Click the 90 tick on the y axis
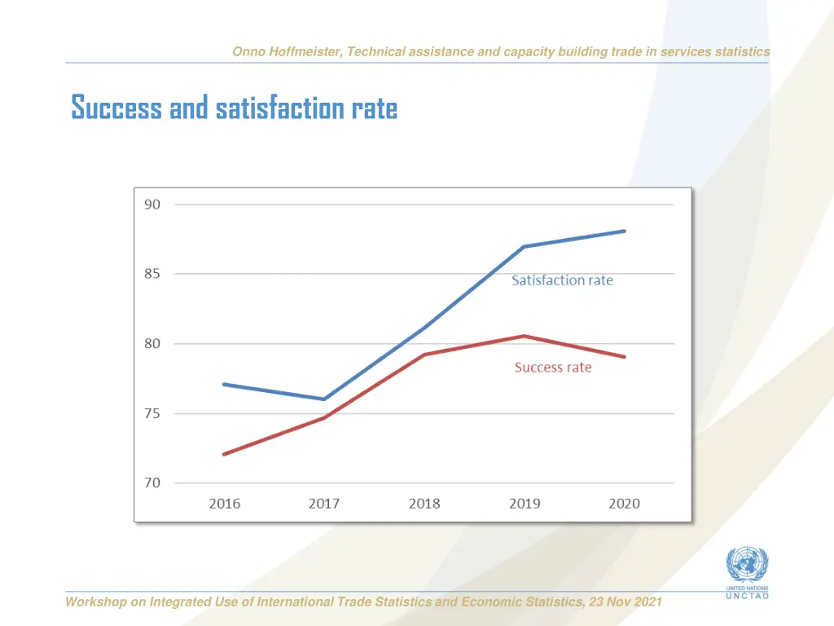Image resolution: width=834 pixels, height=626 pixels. tap(152, 205)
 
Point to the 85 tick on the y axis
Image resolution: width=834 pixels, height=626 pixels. tap(152, 274)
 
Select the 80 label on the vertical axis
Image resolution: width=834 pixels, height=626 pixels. tap(152, 344)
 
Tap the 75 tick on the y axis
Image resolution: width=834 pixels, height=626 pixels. tap(152, 413)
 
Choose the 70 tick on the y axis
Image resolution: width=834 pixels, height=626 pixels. tap(152, 483)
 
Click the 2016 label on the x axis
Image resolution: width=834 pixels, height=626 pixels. tap(225, 504)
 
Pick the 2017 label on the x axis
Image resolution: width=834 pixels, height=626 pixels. tap(324, 504)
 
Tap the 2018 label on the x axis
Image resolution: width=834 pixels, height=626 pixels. tap(424, 504)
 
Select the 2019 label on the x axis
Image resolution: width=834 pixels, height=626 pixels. tap(525, 504)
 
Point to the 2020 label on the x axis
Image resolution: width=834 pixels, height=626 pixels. tap(625, 504)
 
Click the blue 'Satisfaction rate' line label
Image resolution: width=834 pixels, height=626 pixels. tap(562, 280)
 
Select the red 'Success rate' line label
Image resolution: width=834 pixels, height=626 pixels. tap(553, 368)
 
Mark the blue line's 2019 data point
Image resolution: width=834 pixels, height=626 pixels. tap(525, 246)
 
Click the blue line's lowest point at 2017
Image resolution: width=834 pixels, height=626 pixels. tap(324, 399)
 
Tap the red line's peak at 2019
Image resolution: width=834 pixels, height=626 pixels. tap(525, 336)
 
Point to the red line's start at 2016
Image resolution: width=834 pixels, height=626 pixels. tap(224, 454)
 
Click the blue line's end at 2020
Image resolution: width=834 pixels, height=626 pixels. tap(625, 231)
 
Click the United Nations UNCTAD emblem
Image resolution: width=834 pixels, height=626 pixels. tap(741, 571)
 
